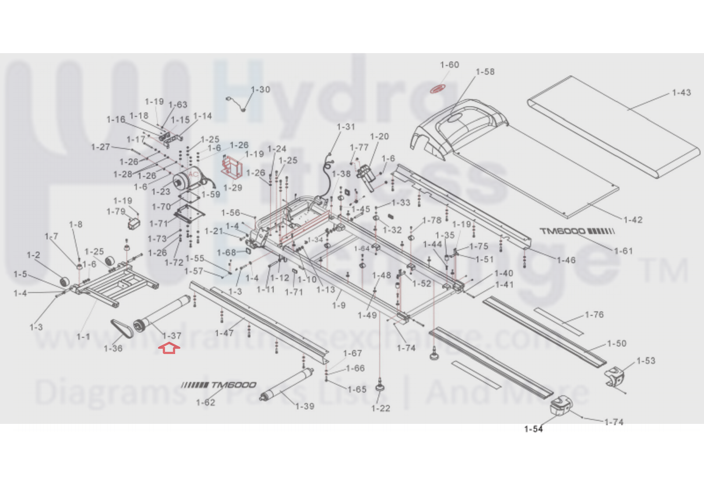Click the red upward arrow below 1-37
pyautogui.click(x=169, y=349)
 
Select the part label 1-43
pyautogui.click(x=681, y=93)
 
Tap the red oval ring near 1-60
pyautogui.click(x=438, y=89)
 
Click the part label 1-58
pyautogui.click(x=485, y=72)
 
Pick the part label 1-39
pyautogui.click(x=305, y=406)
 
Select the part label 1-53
pyautogui.click(x=646, y=361)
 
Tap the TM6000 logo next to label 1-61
pyautogui.click(x=577, y=231)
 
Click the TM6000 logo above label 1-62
pyautogui.click(x=219, y=385)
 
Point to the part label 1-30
pyautogui.click(x=261, y=90)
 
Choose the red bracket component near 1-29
pyautogui.click(x=232, y=167)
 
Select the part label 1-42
pyautogui.click(x=633, y=220)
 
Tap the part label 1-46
pyautogui.click(x=566, y=260)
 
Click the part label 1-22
pyautogui.click(x=380, y=408)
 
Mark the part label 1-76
pyautogui.click(x=594, y=315)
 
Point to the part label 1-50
pyautogui.click(x=616, y=343)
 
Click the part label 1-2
pyautogui.click(x=33, y=255)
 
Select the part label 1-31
pyautogui.click(x=346, y=127)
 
